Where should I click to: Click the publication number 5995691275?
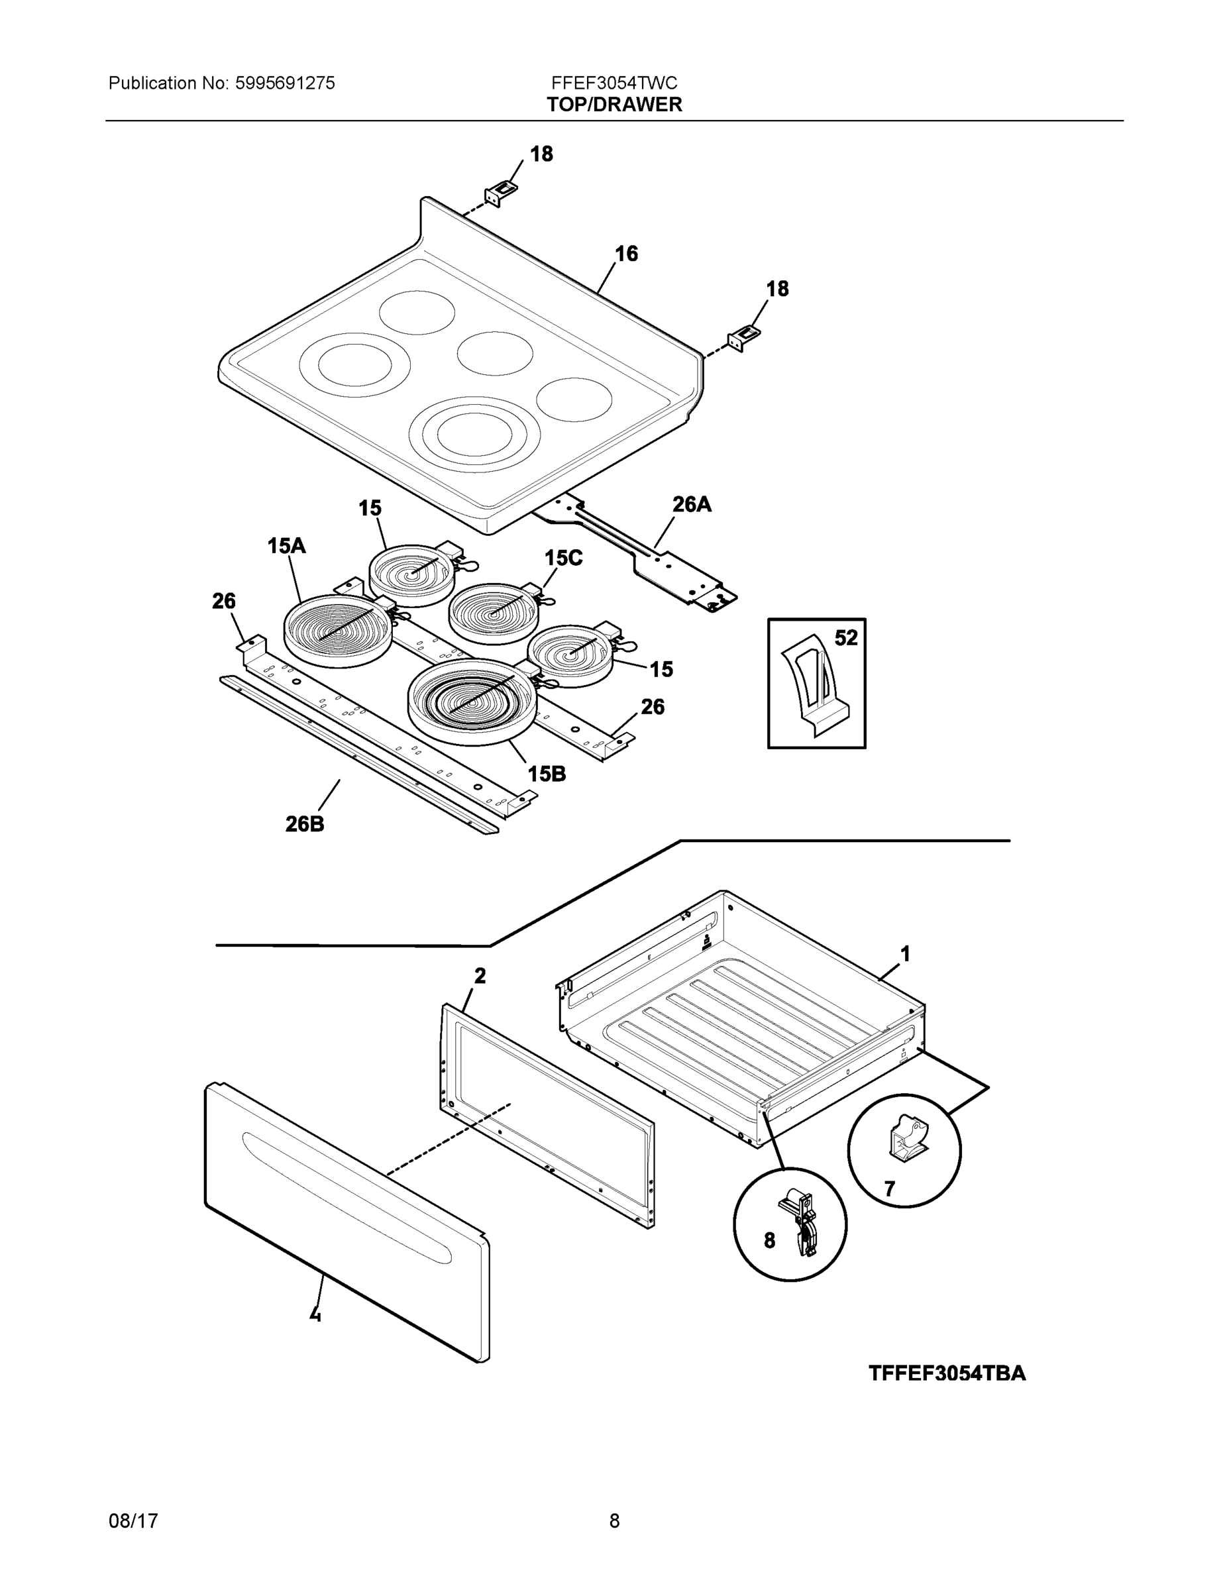tap(285, 83)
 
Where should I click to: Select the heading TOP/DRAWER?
tap(615, 105)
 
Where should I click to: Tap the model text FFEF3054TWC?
tap(615, 83)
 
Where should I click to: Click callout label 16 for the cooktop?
tap(626, 254)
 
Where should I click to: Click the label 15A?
tap(286, 545)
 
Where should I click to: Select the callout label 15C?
tap(564, 558)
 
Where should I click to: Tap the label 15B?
tap(547, 774)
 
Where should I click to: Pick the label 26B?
tap(304, 824)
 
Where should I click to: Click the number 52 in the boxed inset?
tap(846, 638)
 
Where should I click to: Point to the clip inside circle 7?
tap(908, 1137)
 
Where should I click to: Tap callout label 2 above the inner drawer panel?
tap(480, 976)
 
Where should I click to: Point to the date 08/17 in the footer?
tap(133, 1521)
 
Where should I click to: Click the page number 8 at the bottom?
tap(615, 1521)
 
